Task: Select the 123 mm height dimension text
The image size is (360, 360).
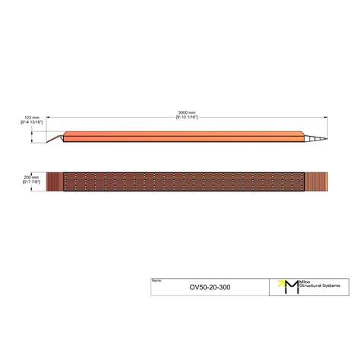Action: click(x=31, y=118)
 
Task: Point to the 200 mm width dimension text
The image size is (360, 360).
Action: click(x=31, y=177)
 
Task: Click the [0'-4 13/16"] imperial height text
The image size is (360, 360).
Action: click(x=31, y=123)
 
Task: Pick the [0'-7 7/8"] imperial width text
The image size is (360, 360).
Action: click(x=31, y=182)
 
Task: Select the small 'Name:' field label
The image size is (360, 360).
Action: click(x=156, y=280)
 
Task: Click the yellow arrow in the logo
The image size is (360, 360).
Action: click(x=283, y=282)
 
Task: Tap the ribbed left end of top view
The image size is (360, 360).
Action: click(x=55, y=182)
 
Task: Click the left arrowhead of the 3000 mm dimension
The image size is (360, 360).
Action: click(x=49, y=116)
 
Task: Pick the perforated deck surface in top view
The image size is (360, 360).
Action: click(x=182, y=182)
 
